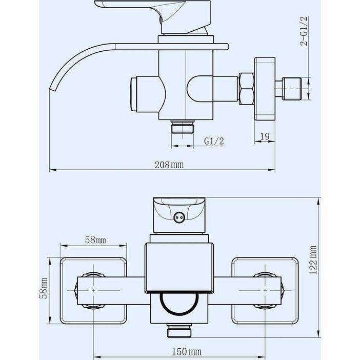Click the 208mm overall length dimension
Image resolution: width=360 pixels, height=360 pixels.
[169, 165]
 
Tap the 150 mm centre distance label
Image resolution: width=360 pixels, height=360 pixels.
[187, 351]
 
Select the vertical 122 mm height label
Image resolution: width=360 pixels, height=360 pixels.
[313, 260]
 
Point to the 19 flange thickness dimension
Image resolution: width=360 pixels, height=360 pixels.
[265, 136]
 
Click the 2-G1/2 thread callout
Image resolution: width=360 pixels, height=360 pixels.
[304, 31]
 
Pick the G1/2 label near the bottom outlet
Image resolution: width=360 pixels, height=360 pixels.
[214, 141]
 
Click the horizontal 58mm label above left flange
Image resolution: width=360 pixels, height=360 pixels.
[95, 240]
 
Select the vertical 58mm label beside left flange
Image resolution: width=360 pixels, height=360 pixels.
[44, 288]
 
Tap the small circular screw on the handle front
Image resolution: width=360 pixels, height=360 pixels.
[179, 217]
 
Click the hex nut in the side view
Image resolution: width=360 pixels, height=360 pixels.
[247, 89]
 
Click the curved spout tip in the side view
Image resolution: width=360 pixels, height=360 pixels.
[53, 88]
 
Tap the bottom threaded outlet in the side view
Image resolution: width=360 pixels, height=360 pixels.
[183, 127]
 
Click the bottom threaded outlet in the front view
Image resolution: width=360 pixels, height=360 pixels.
[179, 331]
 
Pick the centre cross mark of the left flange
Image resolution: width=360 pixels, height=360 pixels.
[93, 291]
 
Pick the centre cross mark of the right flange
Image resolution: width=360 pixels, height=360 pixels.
[265, 291]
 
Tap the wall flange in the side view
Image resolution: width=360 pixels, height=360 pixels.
[265, 89]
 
